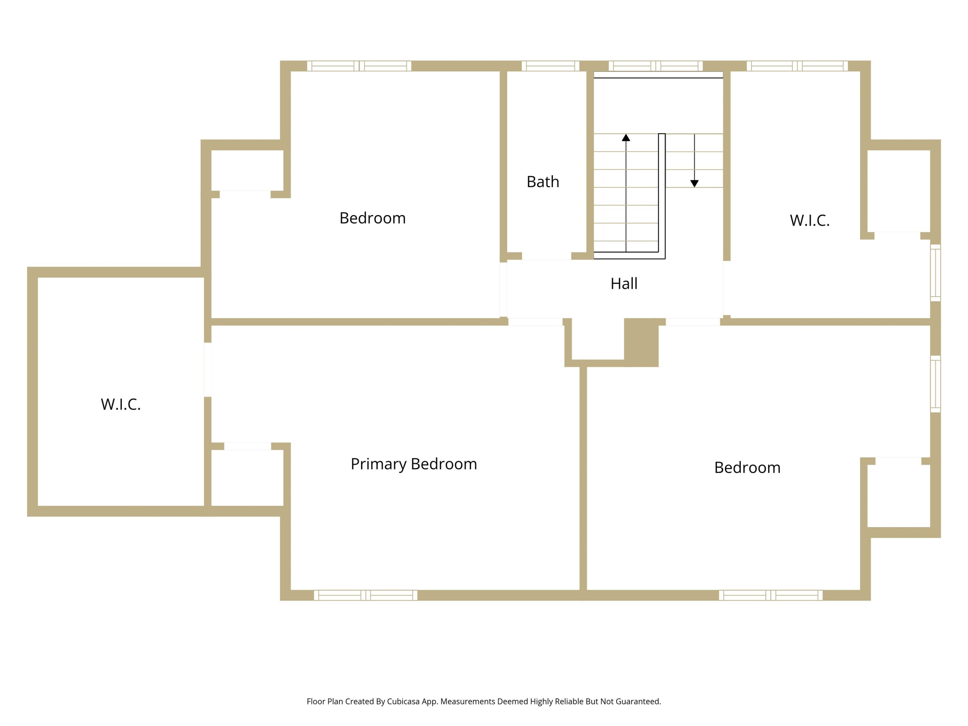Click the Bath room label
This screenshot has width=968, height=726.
tap(543, 182)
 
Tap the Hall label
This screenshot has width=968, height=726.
tap(624, 284)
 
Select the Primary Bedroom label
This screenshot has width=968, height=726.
tap(414, 464)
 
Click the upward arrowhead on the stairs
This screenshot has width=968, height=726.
tap(626, 137)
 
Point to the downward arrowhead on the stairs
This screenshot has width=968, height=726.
tap(694, 184)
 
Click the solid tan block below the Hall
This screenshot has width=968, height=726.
tap(641, 342)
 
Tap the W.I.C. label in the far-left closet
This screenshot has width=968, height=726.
tap(121, 404)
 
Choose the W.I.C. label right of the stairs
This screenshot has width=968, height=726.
tap(810, 221)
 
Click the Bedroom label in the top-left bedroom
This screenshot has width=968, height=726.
tap(372, 218)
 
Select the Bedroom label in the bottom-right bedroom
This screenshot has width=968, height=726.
tap(747, 467)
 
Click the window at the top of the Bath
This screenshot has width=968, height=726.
tap(550, 66)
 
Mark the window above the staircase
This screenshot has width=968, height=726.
tap(656, 66)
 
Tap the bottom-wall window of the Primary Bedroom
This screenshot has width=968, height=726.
tap(365, 595)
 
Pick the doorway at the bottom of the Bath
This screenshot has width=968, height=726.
tap(547, 256)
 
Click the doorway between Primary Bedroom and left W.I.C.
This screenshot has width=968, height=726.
tap(208, 370)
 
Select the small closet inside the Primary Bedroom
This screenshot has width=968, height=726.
tap(247, 478)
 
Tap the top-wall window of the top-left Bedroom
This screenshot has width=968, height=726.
tap(359, 66)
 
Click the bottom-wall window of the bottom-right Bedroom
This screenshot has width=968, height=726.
tap(771, 595)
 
